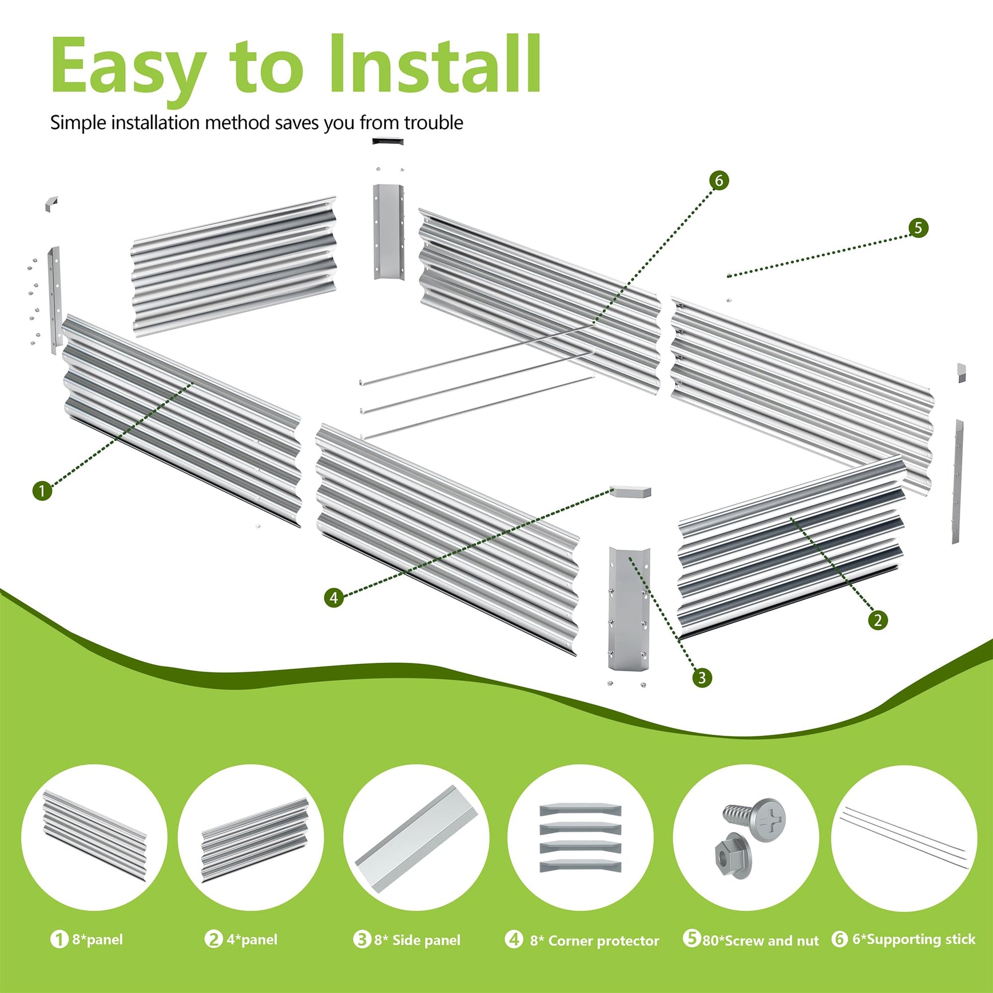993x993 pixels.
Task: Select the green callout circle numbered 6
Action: point(718,181)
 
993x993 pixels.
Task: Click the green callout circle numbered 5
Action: point(918,228)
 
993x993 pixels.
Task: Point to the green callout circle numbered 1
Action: point(42,490)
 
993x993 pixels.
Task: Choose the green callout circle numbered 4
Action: point(334,597)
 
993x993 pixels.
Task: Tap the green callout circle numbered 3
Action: point(702,678)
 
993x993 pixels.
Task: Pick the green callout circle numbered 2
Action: point(877,620)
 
